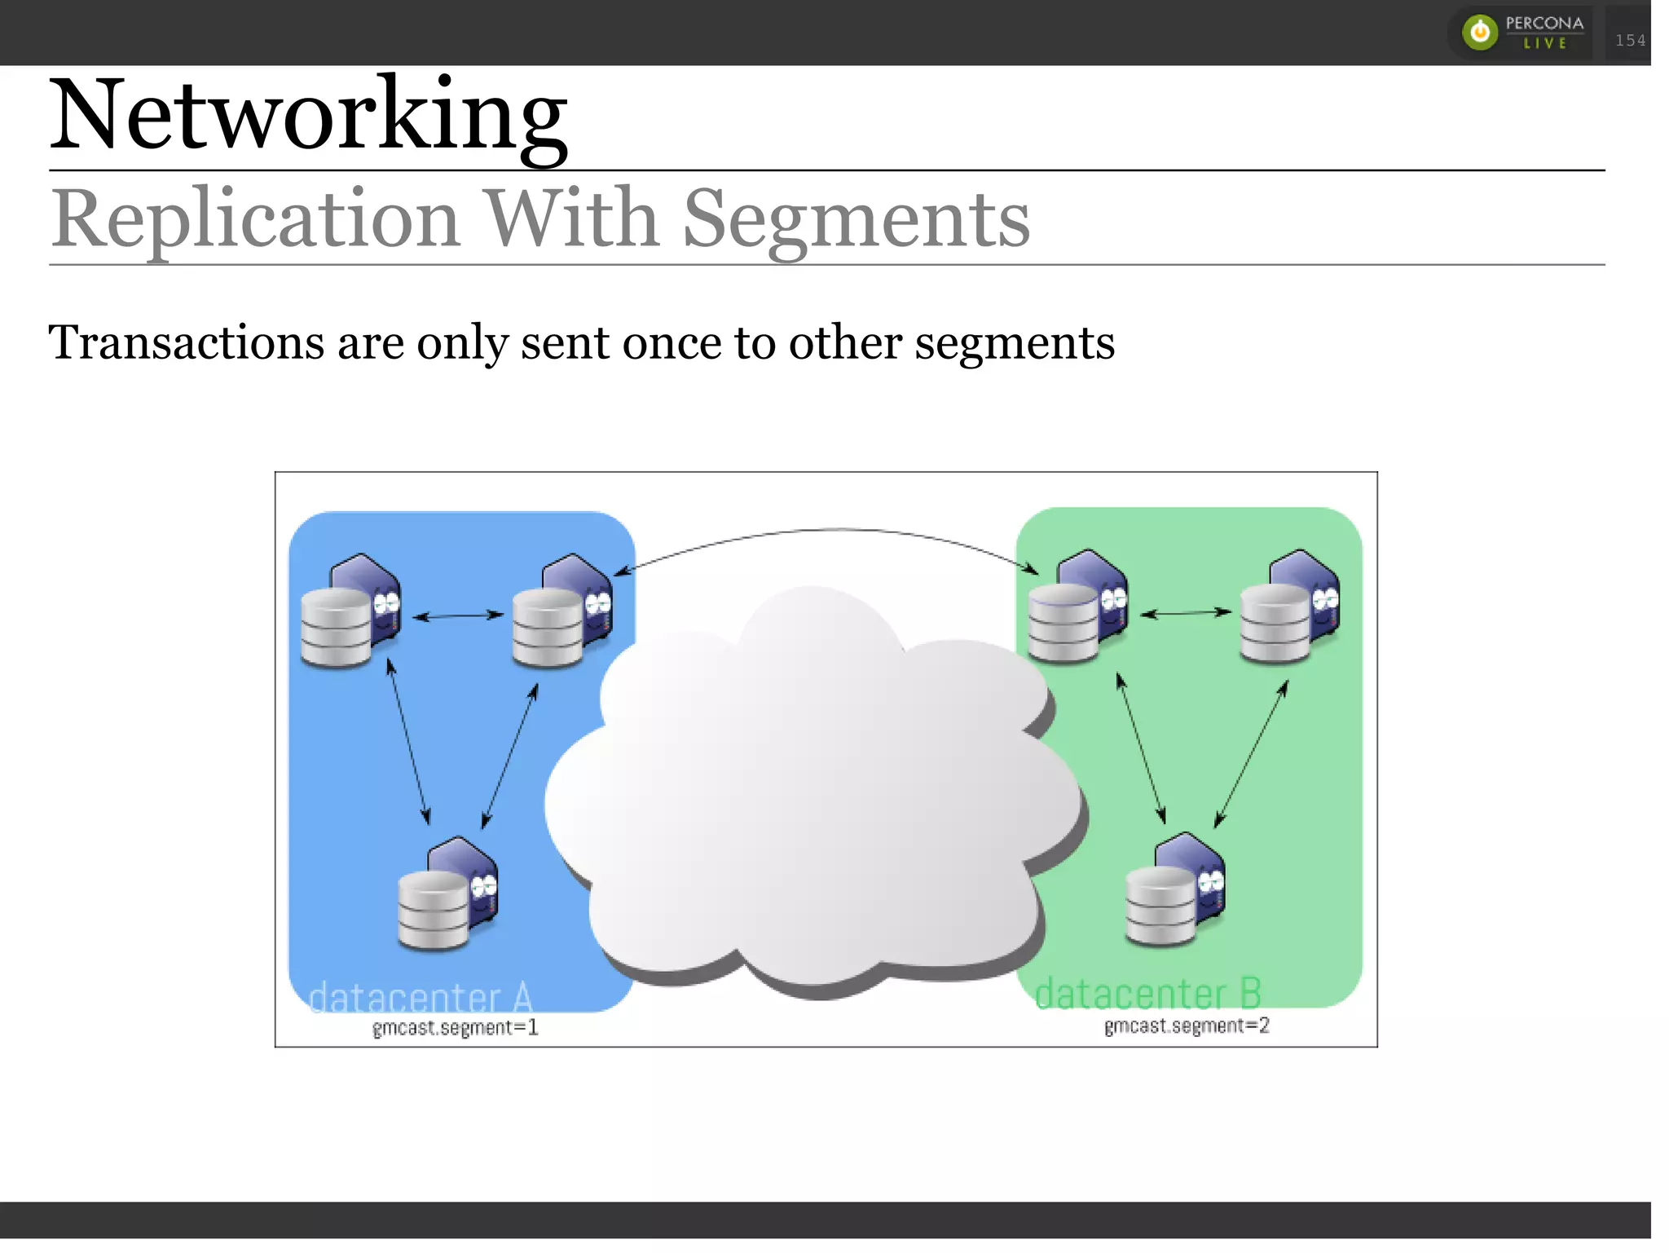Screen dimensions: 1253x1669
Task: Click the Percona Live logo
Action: point(1521,33)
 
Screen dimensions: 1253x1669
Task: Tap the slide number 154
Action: point(1630,41)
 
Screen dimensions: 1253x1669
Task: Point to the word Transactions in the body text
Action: point(187,342)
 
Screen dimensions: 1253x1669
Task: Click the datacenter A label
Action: point(421,996)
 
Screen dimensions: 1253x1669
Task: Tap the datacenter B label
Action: point(1147,994)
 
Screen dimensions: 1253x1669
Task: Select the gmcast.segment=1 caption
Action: point(455,1027)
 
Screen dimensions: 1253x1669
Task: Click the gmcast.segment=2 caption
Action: point(1187,1026)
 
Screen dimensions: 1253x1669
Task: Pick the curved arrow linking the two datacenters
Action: point(827,532)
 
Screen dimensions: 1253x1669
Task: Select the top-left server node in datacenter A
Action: point(350,611)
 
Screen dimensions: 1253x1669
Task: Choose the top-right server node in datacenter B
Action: point(1289,607)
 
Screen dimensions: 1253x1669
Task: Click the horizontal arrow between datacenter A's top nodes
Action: point(458,615)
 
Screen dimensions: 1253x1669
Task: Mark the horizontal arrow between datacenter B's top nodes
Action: point(1185,612)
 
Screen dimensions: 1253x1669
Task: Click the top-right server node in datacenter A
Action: point(561,611)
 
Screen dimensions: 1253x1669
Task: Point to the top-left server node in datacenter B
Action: point(1077,607)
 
